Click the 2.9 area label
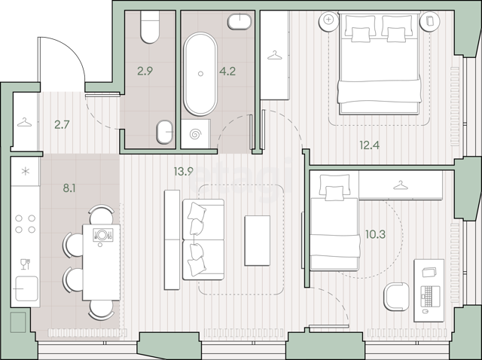click(145, 72)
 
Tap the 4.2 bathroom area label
click(227, 72)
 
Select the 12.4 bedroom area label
click(369, 145)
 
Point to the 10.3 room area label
click(375, 234)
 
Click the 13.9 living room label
click(183, 171)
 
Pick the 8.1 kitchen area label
click(69, 188)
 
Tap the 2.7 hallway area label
click(62, 125)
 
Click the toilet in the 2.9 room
click(150, 27)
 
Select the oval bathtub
click(200, 74)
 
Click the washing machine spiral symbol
click(196, 134)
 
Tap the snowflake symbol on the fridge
click(25, 171)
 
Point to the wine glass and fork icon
click(25, 264)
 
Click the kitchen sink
click(26, 288)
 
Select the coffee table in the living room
click(258, 240)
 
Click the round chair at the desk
click(396, 297)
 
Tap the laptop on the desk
click(430, 296)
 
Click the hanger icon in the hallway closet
click(25, 122)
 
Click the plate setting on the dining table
click(102, 235)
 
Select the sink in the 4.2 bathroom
click(239, 21)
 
